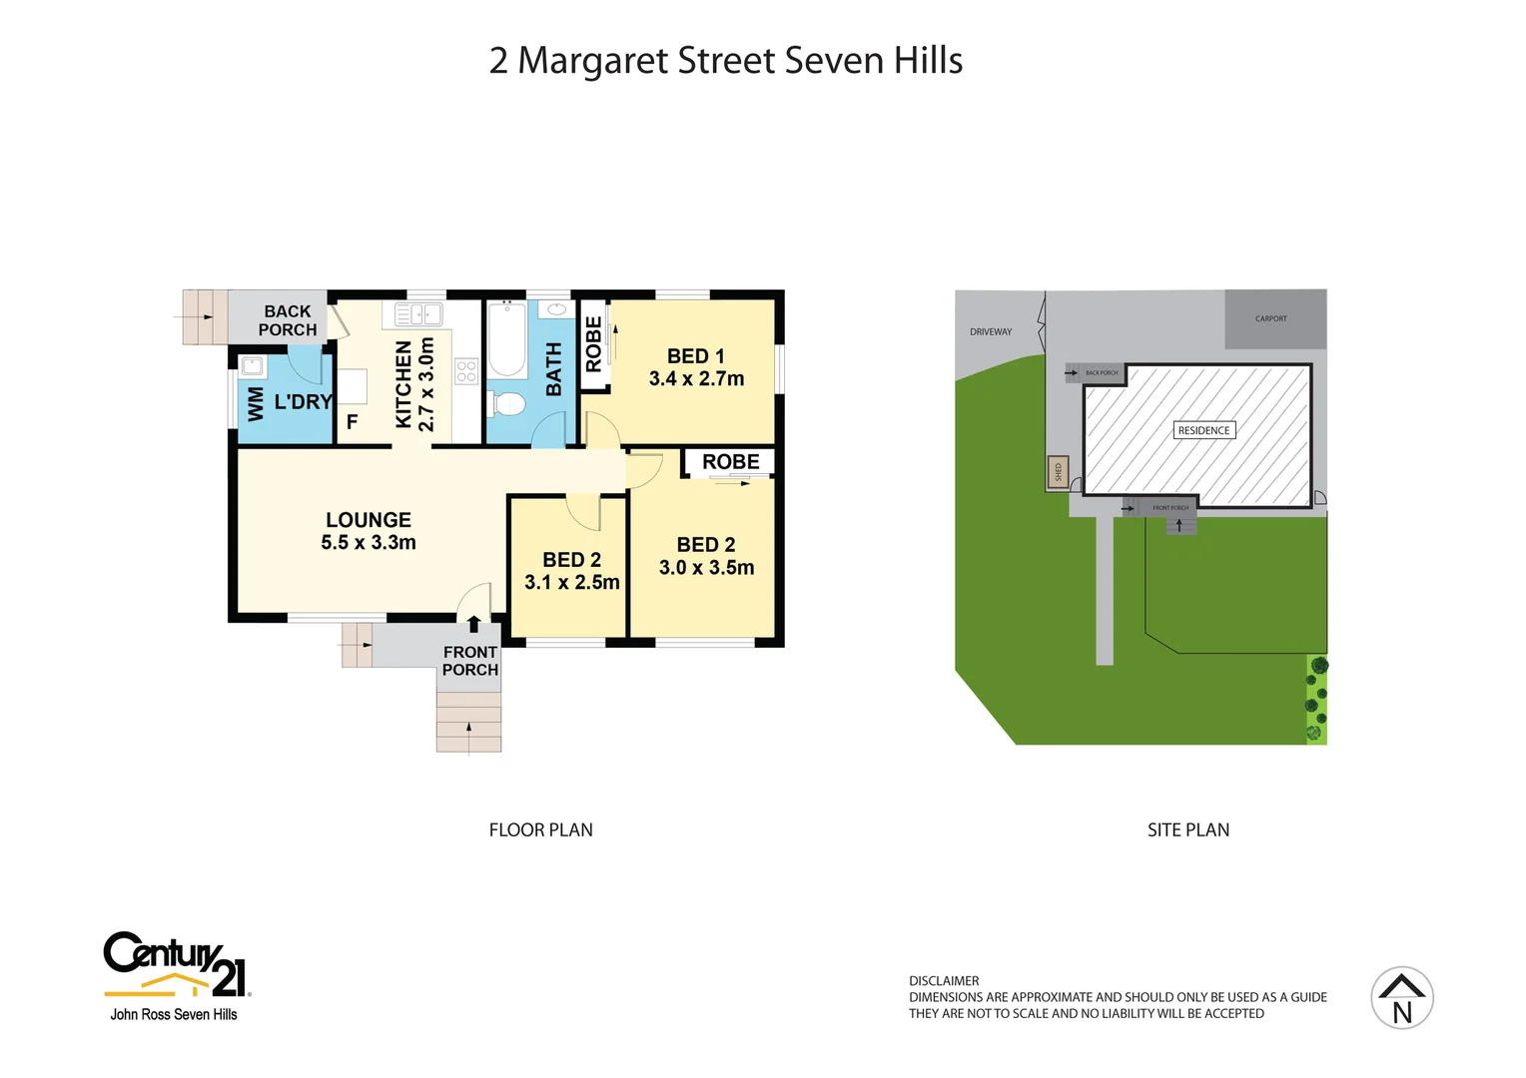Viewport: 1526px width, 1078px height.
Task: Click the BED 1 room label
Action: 696,356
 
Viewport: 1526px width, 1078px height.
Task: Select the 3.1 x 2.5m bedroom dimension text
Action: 572,583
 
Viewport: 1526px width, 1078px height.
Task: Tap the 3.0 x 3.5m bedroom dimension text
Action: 706,568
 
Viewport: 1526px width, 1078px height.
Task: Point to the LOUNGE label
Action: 369,520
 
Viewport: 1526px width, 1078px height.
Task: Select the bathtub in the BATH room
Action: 507,339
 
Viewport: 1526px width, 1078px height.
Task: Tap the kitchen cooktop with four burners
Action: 466,371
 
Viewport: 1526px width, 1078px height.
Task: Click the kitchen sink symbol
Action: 418,314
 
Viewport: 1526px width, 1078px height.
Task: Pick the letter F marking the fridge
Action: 352,422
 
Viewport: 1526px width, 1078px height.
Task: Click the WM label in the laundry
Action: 256,403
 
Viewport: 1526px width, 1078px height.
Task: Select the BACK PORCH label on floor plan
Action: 288,320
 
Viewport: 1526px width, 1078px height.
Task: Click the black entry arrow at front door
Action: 473,625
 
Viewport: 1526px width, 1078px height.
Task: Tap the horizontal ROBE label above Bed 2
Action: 730,462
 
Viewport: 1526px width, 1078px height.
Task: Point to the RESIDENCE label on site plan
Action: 1203,431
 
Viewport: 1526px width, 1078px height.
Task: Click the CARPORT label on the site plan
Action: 1270,319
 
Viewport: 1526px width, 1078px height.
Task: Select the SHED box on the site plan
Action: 1058,471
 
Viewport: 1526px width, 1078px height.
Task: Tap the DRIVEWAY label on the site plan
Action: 991,332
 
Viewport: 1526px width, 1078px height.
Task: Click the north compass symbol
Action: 1402,998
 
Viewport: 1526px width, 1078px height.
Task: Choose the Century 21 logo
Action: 177,965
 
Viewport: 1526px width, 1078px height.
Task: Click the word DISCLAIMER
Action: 944,981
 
